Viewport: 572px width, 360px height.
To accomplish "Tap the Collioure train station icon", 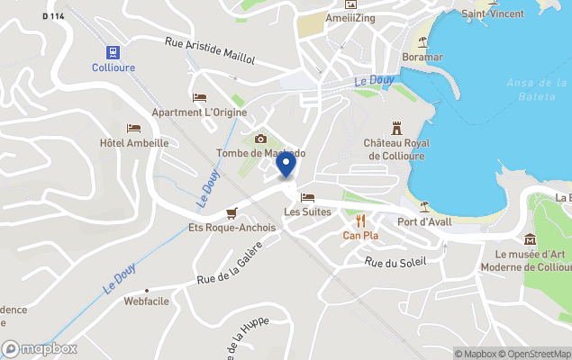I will click(x=113, y=51).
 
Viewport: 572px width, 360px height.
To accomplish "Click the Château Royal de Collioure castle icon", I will click(x=395, y=128).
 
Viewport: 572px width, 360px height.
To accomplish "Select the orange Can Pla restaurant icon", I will click(x=360, y=220).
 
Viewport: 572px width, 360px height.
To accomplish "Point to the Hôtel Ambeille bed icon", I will click(x=134, y=129).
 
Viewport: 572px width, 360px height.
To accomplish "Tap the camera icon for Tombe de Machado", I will click(x=261, y=139).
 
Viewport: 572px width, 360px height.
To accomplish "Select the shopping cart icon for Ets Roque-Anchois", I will click(x=232, y=213).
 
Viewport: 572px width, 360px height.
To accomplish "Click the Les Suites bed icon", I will click(x=308, y=198).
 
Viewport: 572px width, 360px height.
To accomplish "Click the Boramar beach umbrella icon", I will click(x=422, y=42).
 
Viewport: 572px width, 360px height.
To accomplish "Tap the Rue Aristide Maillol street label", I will click(x=210, y=50).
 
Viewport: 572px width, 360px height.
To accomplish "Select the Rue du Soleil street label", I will click(x=394, y=261).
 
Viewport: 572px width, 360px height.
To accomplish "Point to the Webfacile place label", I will click(x=148, y=301).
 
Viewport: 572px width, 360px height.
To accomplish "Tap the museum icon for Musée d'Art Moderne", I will click(x=529, y=238).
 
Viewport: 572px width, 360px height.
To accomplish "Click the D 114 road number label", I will click(x=53, y=16).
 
